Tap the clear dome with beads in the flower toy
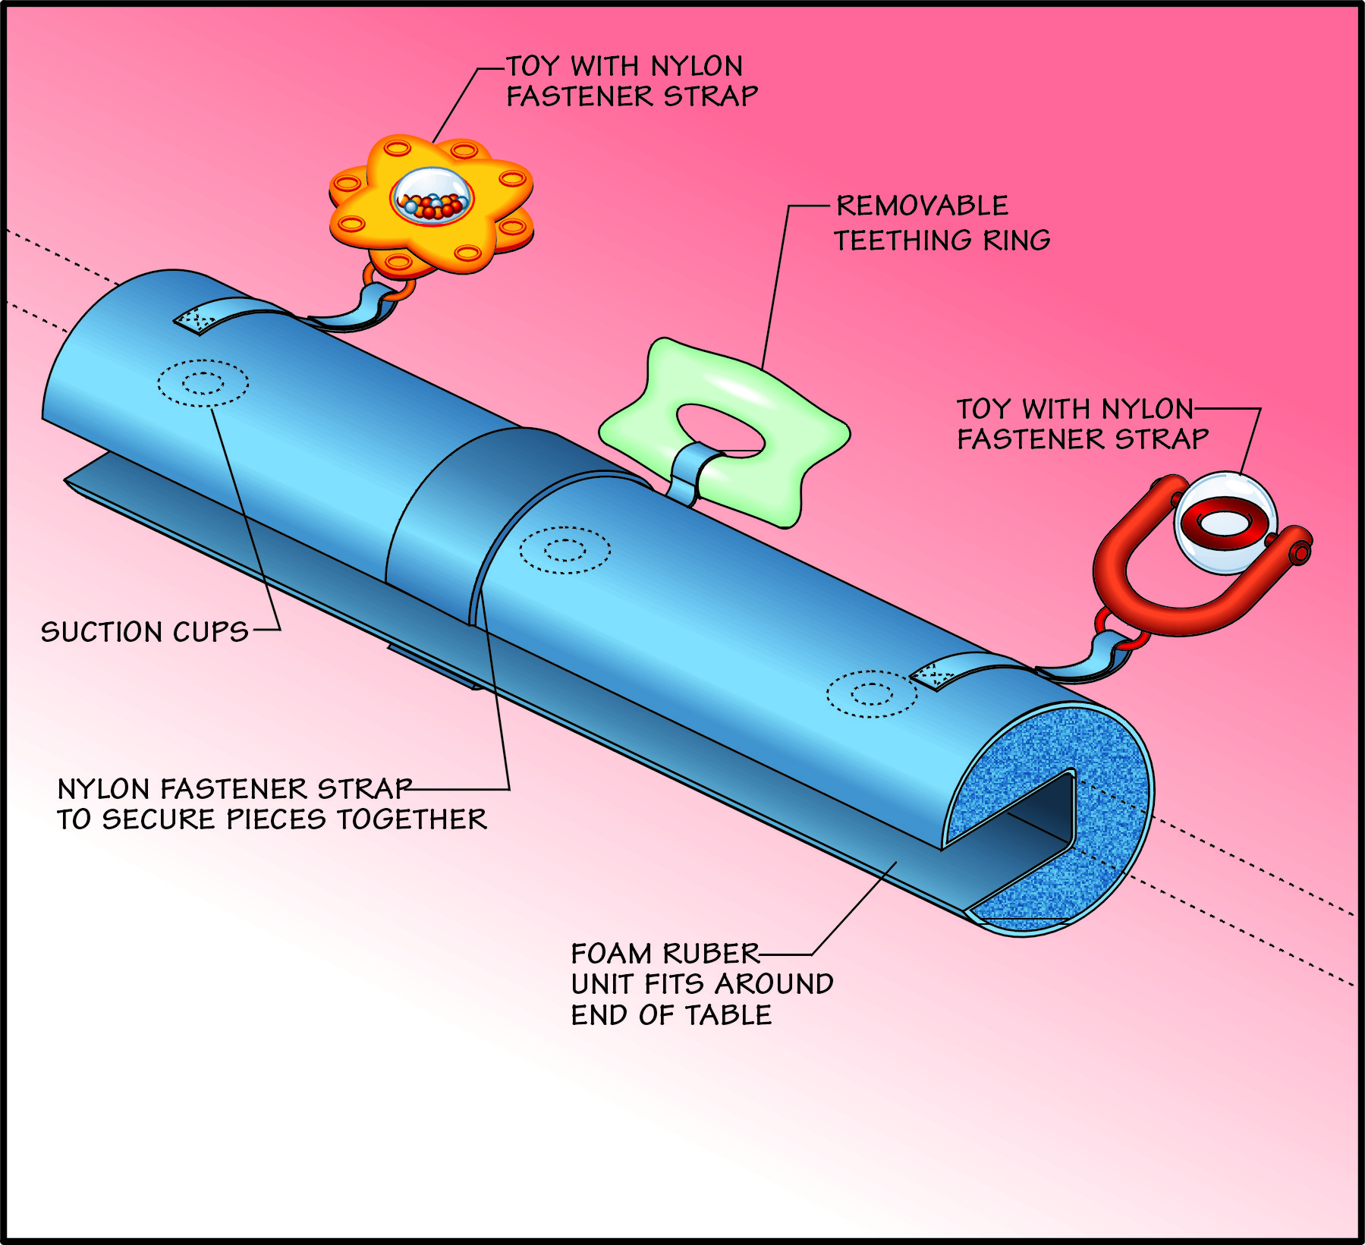(432, 196)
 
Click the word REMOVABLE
(922, 206)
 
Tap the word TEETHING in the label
(902, 241)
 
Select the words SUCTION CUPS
(144, 632)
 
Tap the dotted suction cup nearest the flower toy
(203, 383)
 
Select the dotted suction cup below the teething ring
(565, 549)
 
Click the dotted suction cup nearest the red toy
(871, 693)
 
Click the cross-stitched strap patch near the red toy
(932, 676)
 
